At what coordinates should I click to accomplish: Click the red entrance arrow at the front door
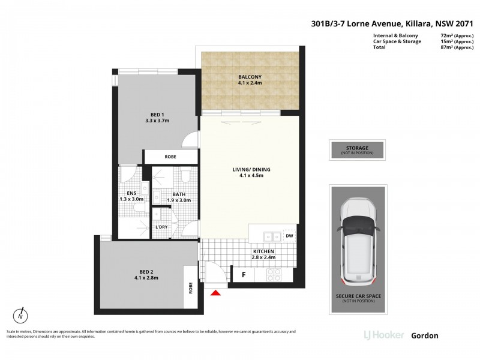point(217,292)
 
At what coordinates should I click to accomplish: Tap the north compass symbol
point(21,314)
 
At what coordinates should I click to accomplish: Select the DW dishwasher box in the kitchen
point(289,236)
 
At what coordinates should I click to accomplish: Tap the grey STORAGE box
point(357,149)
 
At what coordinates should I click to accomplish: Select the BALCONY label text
point(250,77)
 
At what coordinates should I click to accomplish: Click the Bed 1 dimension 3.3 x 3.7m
point(157,121)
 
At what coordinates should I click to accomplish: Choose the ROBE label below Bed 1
point(170,157)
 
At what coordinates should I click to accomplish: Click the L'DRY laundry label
point(161,227)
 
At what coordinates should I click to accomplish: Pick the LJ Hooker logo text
point(383,335)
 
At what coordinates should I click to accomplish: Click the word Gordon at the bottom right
point(424,335)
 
